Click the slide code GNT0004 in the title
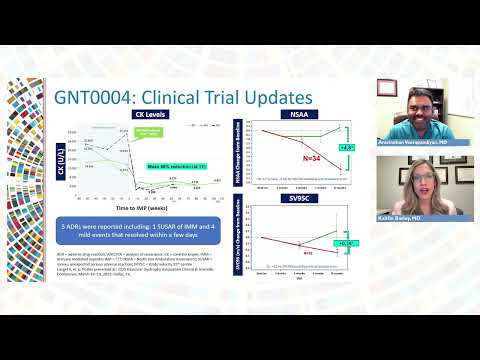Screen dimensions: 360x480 [107, 98]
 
